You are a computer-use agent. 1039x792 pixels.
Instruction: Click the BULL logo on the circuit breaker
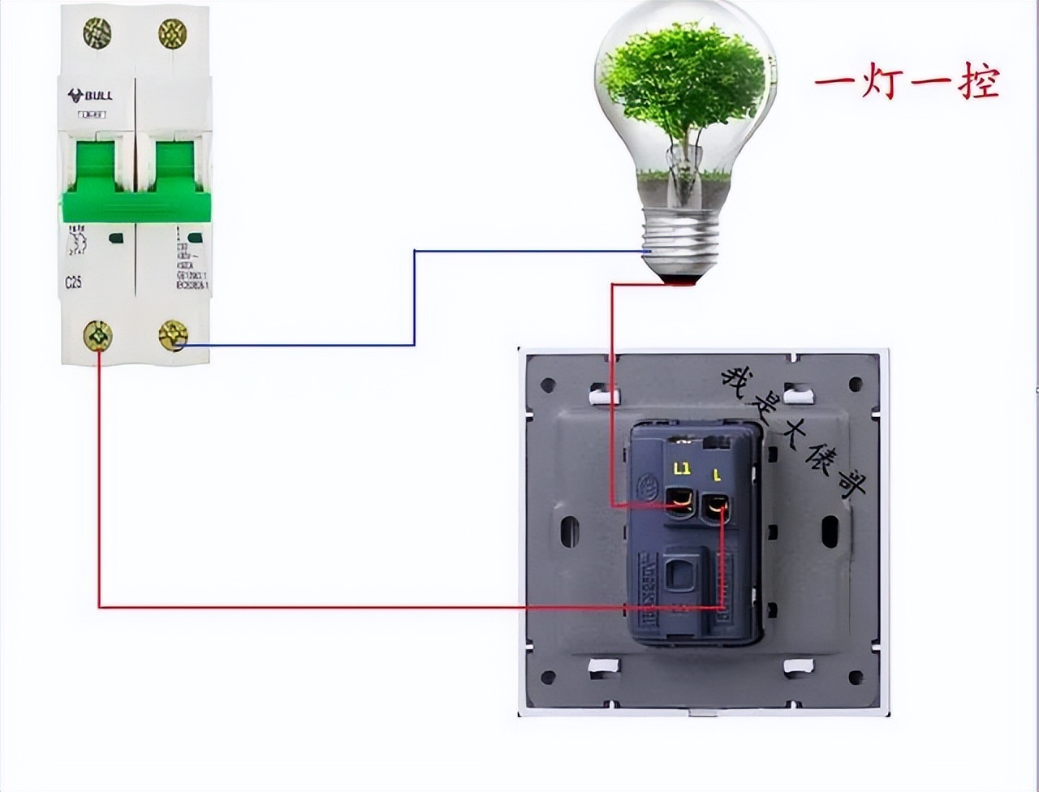(90, 96)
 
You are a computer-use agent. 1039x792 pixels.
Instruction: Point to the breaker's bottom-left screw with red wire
(98, 334)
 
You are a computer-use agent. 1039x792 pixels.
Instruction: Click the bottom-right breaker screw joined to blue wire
(173, 334)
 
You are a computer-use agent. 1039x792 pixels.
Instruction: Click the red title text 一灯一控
(907, 83)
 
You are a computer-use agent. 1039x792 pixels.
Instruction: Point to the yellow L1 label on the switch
(682, 469)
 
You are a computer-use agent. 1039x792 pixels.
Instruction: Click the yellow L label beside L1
(717, 472)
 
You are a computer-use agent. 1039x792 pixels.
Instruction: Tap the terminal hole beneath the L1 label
(679, 501)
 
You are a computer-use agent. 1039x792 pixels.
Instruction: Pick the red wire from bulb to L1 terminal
(613, 390)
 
